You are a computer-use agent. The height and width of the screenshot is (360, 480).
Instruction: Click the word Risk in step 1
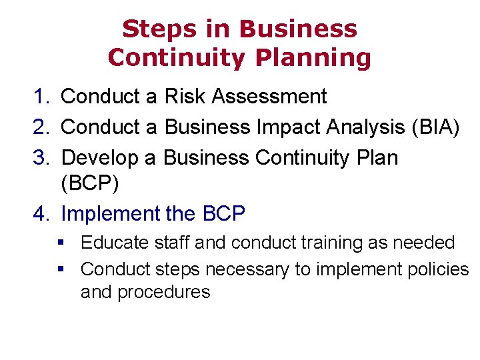point(185,97)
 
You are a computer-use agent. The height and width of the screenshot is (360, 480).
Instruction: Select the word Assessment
point(269,97)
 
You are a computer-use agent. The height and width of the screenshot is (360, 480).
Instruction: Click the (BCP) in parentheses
point(90,183)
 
